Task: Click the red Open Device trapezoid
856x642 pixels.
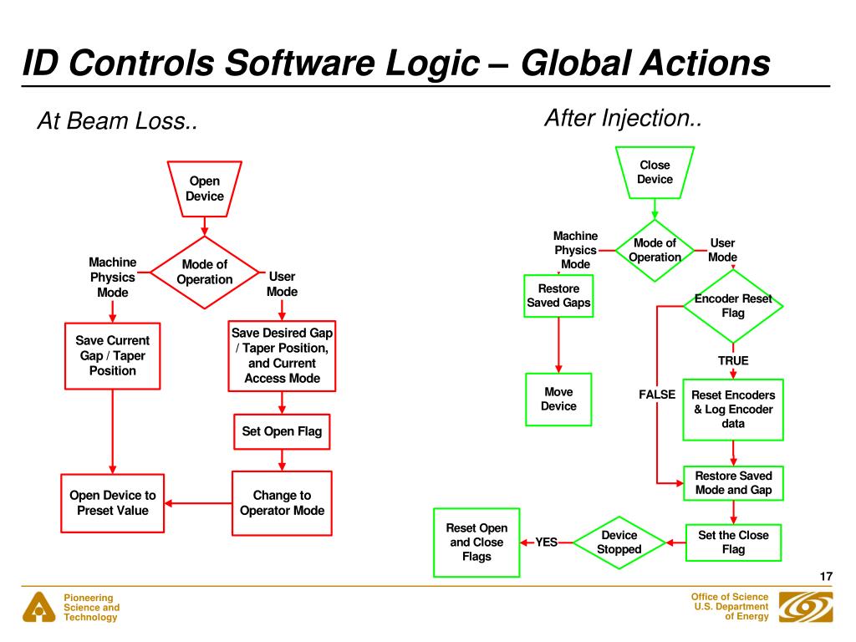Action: [205, 189]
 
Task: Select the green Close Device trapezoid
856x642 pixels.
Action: [655, 172]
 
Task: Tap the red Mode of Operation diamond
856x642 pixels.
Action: [205, 272]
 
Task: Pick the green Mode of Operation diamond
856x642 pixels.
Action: [655, 250]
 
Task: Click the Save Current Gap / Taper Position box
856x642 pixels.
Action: [112, 355]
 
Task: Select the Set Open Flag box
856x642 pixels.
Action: [282, 432]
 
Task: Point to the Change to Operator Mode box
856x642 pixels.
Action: [282, 503]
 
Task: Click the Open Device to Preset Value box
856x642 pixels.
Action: [112, 503]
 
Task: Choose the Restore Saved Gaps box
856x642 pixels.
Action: [558, 295]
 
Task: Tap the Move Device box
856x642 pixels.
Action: [558, 399]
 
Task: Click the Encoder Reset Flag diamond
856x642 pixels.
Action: [733, 306]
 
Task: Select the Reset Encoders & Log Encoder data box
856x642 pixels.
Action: [733, 410]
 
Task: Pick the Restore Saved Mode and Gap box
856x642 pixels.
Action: [733, 482]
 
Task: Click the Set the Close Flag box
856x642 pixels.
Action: [733, 542]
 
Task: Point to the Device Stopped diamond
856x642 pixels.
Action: [619, 543]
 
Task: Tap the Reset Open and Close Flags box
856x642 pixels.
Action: [476, 543]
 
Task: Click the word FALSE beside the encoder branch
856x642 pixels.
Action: [657, 395]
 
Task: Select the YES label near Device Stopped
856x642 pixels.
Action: [546, 543]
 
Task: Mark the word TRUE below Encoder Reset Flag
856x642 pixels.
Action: [733, 361]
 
